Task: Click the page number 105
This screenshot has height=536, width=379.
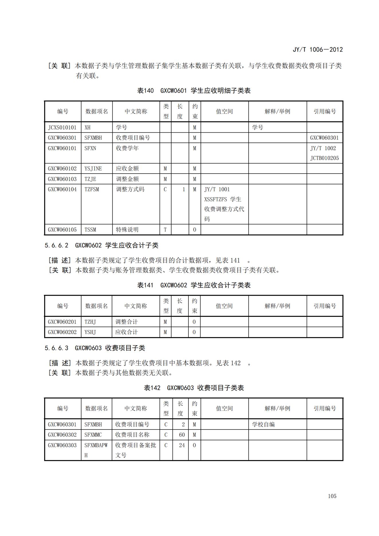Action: (332, 496)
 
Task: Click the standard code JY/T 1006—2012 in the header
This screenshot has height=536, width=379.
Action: (317, 50)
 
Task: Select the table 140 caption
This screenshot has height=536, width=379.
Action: (194, 91)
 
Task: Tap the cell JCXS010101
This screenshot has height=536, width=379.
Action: (62, 127)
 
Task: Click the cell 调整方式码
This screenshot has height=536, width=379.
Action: (130, 189)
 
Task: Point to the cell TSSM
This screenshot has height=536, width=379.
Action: (90, 229)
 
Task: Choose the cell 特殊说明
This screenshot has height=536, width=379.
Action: (127, 229)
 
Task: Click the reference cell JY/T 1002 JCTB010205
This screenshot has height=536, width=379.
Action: (324, 153)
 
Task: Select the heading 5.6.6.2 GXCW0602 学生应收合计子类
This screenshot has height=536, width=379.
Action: (101, 245)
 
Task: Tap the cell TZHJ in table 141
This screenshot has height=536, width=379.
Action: (90, 322)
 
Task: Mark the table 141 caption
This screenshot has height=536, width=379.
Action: (194, 285)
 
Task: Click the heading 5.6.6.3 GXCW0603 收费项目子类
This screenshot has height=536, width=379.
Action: (95, 348)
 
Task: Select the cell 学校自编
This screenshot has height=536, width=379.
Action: (263, 424)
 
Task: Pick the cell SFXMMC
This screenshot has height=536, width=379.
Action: (93, 435)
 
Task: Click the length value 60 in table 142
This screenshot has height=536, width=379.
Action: (182, 435)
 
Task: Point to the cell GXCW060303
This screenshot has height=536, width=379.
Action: (62, 445)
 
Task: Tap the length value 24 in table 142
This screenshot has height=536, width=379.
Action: (182, 445)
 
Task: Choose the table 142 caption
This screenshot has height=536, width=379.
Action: (194, 388)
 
